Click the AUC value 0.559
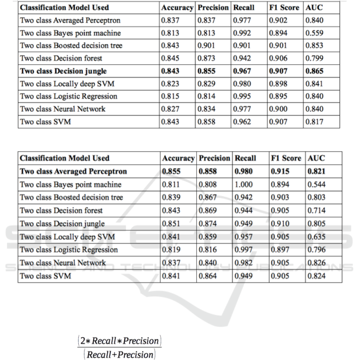(x=314, y=33)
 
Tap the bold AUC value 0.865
(x=314, y=71)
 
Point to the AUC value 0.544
(x=316, y=184)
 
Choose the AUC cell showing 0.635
(x=316, y=237)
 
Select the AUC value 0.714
(x=316, y=210)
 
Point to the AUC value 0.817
(x=314, y=121)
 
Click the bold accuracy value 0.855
(x=171, y=171)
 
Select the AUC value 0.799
(x=314, y=58)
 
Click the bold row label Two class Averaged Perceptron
(x=73, y=171)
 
